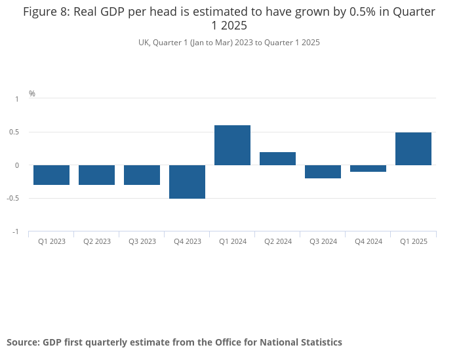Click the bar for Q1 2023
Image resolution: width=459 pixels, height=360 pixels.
pos(51,175)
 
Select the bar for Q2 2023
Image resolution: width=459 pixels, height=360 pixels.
pos(96,175)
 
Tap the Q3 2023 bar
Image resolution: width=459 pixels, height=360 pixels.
pos(142,175)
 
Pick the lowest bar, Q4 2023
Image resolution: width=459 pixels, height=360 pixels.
pos(187,182)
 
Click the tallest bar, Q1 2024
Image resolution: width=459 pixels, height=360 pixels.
pos(232,146)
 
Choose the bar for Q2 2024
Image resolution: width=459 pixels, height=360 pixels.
pos(277,159)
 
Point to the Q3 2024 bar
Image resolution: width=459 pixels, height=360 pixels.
pos(323,172)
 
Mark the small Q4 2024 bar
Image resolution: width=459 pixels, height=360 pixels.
pos(368,169)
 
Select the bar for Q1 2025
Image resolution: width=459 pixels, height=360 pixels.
pos(413,149)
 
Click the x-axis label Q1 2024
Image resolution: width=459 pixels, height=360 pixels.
pos(233,241)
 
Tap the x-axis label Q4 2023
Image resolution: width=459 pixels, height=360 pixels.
pos(188,241)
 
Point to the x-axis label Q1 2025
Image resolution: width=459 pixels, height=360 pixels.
pos(414,241)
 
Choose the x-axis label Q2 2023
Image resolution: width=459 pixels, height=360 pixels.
pos(97,241)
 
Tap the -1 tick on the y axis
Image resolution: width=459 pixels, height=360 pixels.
pos(16,232)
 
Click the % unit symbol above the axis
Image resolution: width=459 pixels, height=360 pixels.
pos(32,94)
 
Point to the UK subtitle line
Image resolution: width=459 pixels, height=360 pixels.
pos(229,43)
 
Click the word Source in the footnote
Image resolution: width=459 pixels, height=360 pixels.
pos(22,342)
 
